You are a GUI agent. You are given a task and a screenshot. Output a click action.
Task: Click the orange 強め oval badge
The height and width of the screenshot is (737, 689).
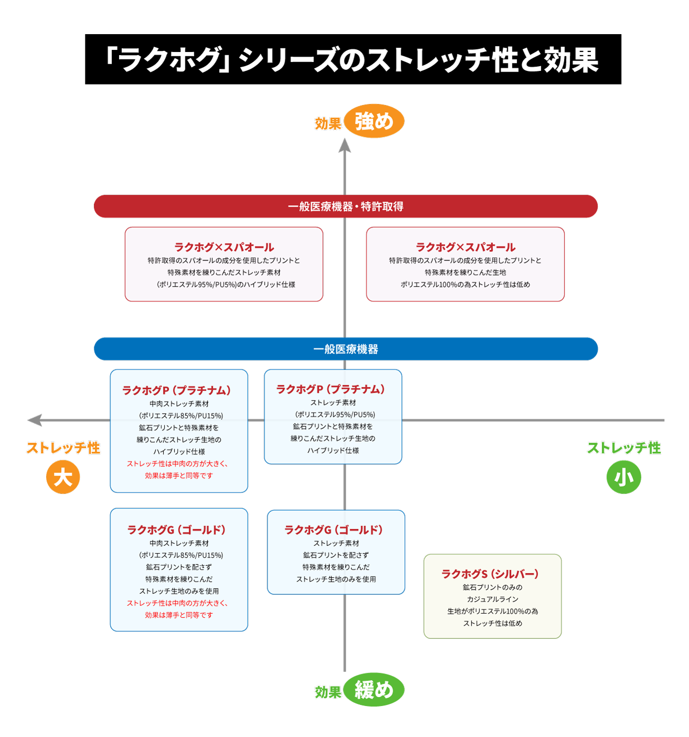pyautogui.click(x=374, y=121)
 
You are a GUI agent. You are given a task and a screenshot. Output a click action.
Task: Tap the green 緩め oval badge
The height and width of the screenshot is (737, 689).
pyautogui.click(x=374, y=689)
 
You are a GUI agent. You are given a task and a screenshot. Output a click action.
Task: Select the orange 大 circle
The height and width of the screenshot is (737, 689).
pyautogui.click(x=63, y=477)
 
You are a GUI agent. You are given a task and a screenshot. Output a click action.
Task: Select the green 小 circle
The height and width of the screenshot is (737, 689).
pyautogui.click(x=623, y=477)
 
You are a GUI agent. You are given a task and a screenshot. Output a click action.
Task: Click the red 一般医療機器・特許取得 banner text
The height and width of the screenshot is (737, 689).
pyautogui.click(x=346, y=206)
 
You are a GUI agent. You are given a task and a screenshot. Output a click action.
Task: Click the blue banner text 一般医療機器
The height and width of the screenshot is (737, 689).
pyautogui.click(x=346, y=349)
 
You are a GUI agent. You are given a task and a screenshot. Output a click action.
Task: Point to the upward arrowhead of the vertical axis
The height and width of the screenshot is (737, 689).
pyautogui.click(x=344, y=145)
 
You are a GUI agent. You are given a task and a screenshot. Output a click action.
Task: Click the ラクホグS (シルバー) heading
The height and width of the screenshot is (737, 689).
pyautogui.click(x=490, y=574)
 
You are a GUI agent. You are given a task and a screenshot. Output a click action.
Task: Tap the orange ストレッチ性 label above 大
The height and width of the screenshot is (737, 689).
pyautogui.click(x=63, y=448)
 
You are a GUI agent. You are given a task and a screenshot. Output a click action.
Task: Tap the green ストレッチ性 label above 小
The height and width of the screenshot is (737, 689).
pyautogui.click(x=623, y=448)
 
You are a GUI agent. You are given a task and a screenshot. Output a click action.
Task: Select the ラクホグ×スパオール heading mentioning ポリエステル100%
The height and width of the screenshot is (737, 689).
pyautogui.click(x=465, y=247)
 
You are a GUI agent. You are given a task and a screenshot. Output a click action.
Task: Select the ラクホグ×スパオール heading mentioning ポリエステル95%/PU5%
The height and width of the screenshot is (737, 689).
pyautogui.click(x=224, y=247)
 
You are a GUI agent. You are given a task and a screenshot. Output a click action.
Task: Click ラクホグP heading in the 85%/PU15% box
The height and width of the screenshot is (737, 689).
pyautogui.click(x=176, y=390)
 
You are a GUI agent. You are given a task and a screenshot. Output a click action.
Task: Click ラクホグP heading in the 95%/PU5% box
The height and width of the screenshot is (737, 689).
pyautogui.click(x=330, y=389)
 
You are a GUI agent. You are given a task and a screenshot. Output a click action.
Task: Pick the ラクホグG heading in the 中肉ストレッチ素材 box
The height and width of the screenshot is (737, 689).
pyautogui.click(x=176, y=530)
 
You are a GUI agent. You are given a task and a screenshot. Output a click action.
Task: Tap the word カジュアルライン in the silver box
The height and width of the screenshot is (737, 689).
pyautogui.click(x=492, y=599)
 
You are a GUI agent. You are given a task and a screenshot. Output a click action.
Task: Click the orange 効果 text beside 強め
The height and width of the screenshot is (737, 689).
pyautogui.click(x=328, y=124)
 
